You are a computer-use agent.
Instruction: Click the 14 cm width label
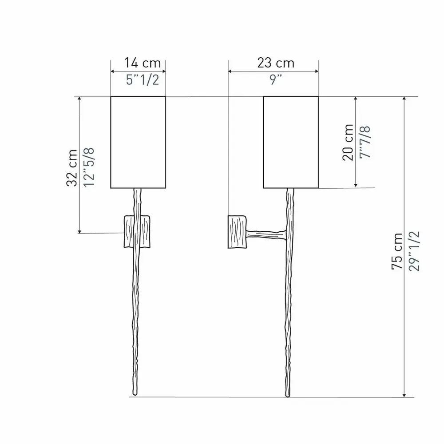tap(143, 63)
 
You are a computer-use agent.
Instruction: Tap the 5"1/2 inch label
tap(143, 80)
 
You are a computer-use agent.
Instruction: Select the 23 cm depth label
tap(276, 63)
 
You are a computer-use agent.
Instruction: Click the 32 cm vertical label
tap(72, 168)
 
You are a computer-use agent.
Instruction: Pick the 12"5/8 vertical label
tap(89, 167)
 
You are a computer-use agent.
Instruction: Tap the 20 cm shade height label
tap(348, 143)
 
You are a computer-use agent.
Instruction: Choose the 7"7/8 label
tap(365, 142)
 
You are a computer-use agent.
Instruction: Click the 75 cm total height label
tap(396, 251)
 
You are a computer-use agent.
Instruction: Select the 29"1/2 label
tap(414, 251)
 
